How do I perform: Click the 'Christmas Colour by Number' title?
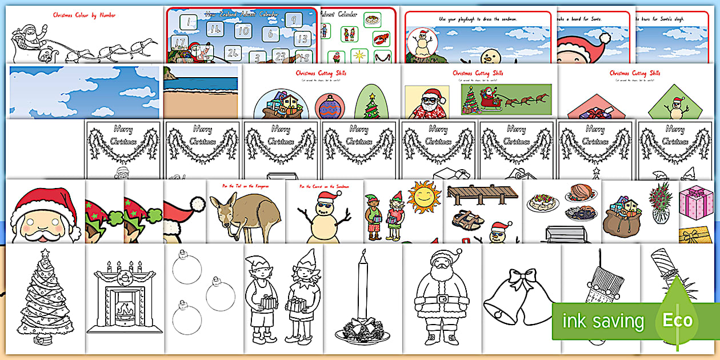84,15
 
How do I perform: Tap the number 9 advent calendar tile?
293,21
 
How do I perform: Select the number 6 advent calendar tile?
270,34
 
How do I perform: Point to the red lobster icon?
381,39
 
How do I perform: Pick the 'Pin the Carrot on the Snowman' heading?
324,186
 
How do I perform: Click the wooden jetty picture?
482,195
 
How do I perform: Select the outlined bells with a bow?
518,297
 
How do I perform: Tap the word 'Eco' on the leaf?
677,321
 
